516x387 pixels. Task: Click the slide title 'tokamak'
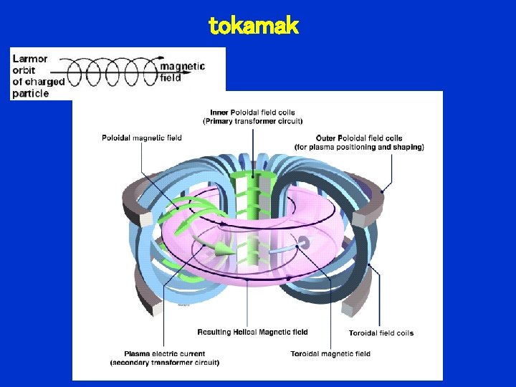point(253,27)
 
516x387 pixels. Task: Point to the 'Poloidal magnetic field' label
point(142,138)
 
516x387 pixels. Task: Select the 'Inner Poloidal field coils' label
point(253,113)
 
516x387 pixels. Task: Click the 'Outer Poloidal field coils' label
point(359,138)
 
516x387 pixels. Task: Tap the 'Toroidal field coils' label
point(381,333)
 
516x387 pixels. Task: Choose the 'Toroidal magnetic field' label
point(330,353)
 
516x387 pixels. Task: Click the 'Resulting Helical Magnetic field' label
point(253,332)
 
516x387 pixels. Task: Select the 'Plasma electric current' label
point(165,353)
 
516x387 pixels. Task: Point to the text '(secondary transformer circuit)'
point(165,363)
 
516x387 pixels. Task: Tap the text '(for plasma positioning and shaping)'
point(359,147)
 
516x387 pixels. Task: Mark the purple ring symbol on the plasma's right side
point(303,243)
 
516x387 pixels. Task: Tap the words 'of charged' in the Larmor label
point(39,82)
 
